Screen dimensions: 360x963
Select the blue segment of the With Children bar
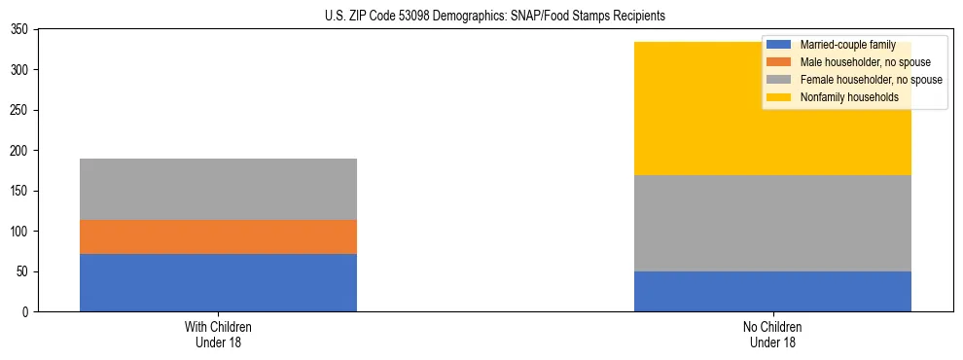tap(218, 282)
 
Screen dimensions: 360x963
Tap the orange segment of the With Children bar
tap(218, 236)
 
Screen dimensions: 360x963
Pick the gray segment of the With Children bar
tap(218, 189)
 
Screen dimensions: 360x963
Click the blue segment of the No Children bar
tap(772, 291)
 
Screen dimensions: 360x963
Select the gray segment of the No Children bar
tap(772, 223)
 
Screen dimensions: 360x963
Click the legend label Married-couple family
tap(847, 45)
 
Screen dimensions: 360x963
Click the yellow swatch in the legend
tap(779, 97)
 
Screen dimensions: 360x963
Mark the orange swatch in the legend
tap(779, 62)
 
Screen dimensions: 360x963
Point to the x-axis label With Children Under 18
tap(218, 334)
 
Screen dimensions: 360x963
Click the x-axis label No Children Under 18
tap(772, 334)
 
